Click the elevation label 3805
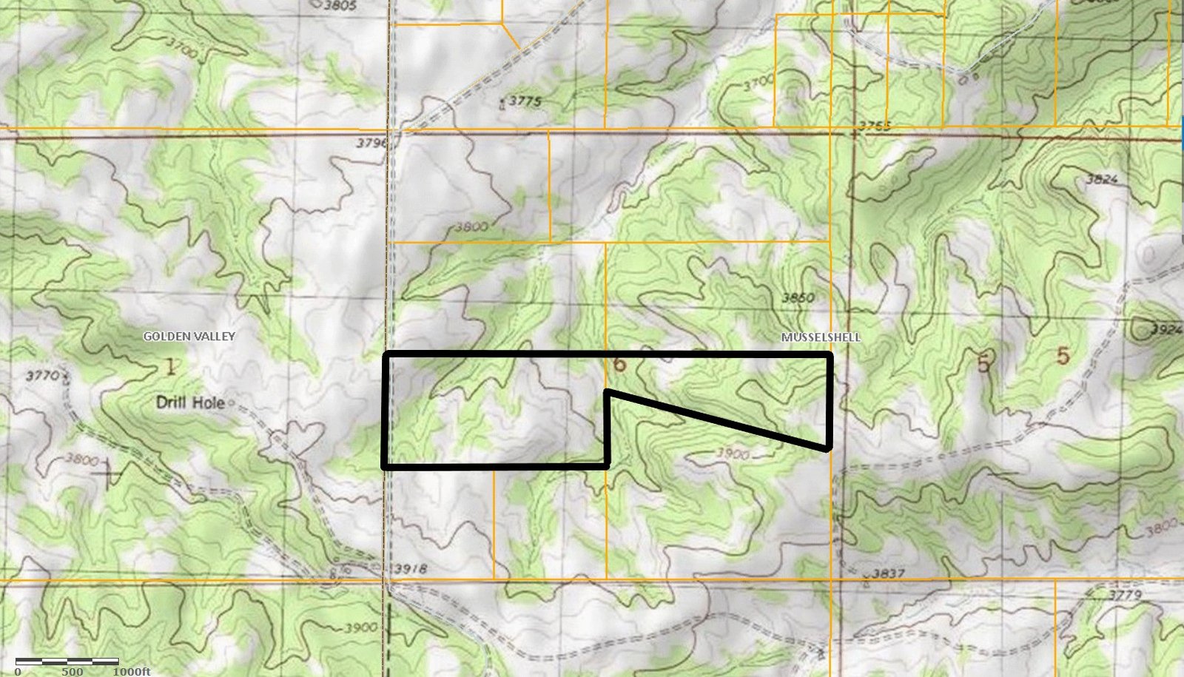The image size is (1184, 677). [340, 5]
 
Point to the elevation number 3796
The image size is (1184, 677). [371, 143]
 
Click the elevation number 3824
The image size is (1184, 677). [1102, 179]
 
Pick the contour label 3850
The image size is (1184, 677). [798, 297]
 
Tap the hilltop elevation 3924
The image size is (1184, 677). [1166, 329]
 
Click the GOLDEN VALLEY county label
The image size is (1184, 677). [189, 336]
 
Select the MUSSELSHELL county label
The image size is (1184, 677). [821, 337]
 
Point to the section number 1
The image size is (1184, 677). [171, 366]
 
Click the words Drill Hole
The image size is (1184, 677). [190, 403]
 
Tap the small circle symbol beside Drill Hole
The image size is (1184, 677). [231, 403]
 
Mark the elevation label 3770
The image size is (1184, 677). [42, 376]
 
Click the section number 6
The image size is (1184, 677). [619, 363]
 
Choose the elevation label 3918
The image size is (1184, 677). [411, 568]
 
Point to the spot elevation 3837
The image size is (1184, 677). [888, 573]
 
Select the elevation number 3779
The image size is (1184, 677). [1126, 594]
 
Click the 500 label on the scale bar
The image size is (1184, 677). [73, 671]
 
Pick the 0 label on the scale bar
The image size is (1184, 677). [18, 671]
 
